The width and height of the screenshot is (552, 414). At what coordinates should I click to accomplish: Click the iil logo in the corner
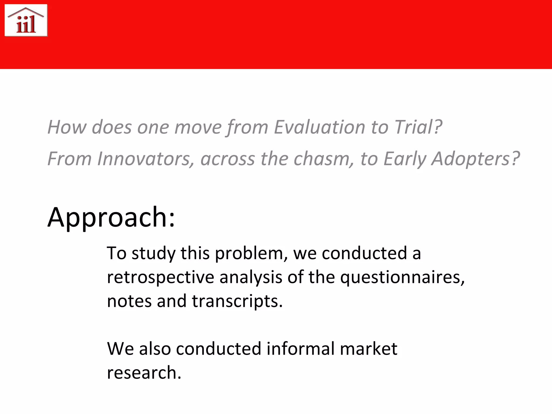pos(26,20)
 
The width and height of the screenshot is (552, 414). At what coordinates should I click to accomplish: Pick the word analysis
pos(251,277)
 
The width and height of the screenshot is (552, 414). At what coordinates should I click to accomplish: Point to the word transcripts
pos(237,301)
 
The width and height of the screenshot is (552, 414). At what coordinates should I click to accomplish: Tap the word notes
pos(129,301)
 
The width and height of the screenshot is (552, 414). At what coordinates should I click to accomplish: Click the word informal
pos(301,349)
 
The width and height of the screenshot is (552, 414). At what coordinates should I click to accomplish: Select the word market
pos(368,349)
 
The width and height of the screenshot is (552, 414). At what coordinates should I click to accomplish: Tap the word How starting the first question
pos(67,127)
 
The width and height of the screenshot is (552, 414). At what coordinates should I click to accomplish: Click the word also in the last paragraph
pos(155,349)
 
